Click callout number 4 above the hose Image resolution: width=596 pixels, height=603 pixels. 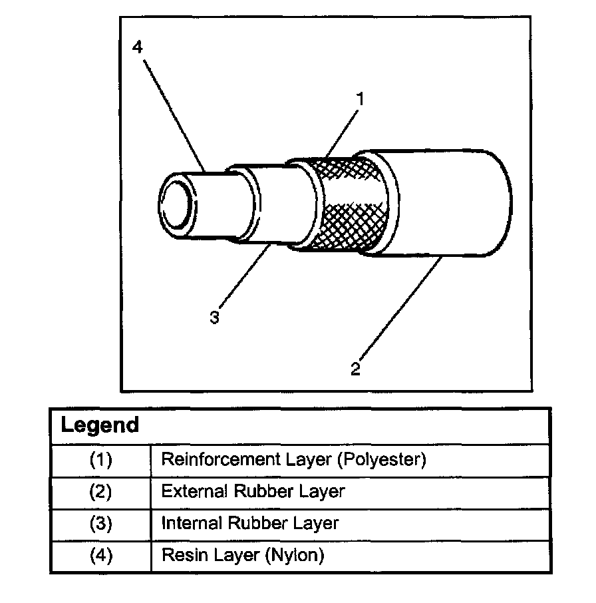pyautogui.click(x=137, y=48)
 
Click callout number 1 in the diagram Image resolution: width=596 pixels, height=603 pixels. pyautogui.click(x=360, y=99)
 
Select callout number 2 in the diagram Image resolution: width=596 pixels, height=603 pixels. pyautogui.click(x=355, y=368)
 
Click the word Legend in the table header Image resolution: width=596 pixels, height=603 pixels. pyautogui.click(x=100, y=425)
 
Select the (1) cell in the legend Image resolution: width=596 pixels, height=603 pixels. pyautogui.click(x=100, y=460)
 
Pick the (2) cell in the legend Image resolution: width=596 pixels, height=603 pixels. pyautogui.click(x=100, y=492)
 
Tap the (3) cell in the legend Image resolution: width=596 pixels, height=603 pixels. pyautogui.click(x=100, y=524)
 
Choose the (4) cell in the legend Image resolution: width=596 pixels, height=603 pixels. pyautogui.click(x=100, y=556)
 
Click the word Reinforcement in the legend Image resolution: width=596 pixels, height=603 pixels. pyautogui.click(x=219, y=459)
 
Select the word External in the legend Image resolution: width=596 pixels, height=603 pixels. pyautogui.click(x=194, y=492)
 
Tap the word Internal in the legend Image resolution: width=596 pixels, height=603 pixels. pyautogui.click(x=192, y=524)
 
